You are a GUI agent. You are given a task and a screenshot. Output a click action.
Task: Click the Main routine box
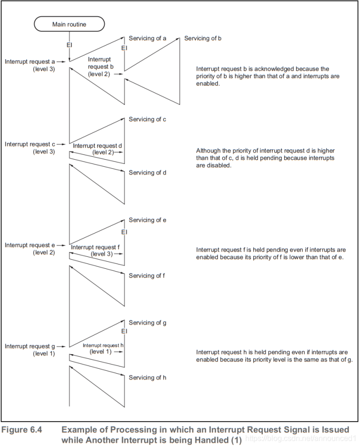pos(69,24)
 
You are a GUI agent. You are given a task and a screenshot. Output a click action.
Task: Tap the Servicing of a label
pos(147,38)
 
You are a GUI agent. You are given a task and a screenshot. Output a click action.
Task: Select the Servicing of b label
pos(203,38)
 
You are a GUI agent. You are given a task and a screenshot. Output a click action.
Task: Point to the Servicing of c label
pos(147,119)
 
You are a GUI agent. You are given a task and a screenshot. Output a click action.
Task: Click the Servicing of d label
pos(147,173)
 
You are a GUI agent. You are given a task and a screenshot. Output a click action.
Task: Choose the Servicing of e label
pos(147,220)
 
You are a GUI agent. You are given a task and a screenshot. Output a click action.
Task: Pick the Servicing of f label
pos(147,275)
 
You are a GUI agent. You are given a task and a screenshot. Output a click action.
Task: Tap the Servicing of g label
pos(147,323)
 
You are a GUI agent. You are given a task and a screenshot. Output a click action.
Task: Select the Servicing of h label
pos(147,377)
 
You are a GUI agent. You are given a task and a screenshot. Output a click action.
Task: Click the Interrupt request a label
pos(30,61)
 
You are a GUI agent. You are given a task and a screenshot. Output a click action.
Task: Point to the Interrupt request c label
pos(30,144)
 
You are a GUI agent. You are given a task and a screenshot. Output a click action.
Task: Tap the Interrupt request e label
pos(30,245)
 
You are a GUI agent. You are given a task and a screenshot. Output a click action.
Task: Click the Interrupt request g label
pos(30,346)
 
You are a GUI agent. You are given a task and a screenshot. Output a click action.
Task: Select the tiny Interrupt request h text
pos(103,345)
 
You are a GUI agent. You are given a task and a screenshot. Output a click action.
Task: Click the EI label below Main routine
pos(69,45)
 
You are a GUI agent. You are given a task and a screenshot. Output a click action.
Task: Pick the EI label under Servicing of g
pos(124,331)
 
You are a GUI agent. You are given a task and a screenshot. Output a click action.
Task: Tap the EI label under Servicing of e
pos(124,232)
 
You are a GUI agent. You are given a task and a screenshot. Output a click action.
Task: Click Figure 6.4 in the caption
pos(21,430)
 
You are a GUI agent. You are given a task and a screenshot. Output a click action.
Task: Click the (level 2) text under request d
pos(103,152)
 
